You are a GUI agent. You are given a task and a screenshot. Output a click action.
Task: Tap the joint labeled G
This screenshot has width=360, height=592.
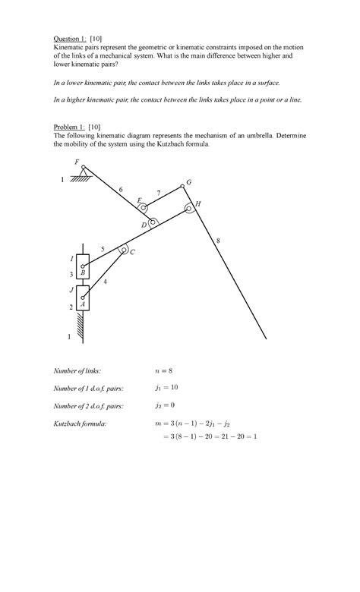[x=182, y=186]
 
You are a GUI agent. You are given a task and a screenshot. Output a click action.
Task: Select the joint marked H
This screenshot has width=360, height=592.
[x=188, y=207]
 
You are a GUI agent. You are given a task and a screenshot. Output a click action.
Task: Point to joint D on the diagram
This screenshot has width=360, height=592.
[x=153, y=222]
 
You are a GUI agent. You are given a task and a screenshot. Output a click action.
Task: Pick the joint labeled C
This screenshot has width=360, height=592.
[x=122, y=248]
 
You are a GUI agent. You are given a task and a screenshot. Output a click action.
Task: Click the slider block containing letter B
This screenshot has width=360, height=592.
[x=83, y=266]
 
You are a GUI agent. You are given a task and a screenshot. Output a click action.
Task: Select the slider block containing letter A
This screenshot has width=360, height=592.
[x=83, y=298]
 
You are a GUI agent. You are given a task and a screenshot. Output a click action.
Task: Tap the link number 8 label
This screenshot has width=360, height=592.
[x=217, y=241]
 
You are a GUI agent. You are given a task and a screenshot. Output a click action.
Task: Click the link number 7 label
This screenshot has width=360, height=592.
[x=159, y=193]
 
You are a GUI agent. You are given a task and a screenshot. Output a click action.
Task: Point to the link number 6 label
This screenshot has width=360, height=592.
[x=120, y=189]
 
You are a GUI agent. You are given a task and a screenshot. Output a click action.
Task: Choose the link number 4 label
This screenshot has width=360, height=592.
[x=105, y=282]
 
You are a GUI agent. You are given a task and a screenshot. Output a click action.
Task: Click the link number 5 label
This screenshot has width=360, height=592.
[x=103, y=249]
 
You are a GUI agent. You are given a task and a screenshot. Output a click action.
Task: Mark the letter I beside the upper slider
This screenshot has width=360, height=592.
[x=71, y=260]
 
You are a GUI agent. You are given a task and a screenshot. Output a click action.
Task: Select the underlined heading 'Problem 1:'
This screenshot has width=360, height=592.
[x=68, y=124]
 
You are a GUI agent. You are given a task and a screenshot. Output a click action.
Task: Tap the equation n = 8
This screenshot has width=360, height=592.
[x=164, y=370]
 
